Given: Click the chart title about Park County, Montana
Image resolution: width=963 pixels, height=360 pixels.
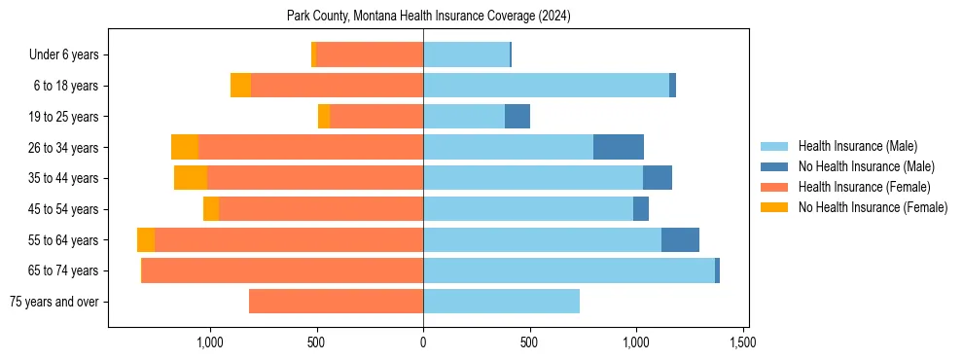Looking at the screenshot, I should point(428,17).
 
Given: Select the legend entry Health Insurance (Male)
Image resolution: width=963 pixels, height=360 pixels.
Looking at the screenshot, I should point(857,146).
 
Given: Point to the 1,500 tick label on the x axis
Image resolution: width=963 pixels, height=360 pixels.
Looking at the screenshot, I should point(743,343).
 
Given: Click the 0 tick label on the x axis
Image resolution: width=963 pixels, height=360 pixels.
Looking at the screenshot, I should point(423,343).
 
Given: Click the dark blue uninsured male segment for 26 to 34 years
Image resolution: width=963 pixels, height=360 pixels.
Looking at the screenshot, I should point(619,147).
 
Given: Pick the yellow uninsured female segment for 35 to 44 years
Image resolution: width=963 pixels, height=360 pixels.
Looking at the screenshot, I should point(191,178).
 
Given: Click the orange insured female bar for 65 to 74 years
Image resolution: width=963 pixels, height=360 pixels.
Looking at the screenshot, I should point(282,270).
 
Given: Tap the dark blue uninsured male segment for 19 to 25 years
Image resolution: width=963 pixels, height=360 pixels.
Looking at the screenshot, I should point(517,117).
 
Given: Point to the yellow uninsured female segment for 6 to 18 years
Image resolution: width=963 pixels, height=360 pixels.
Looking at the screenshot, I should point(240,86).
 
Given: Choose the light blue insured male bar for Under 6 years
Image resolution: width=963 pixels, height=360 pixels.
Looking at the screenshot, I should point(466,54).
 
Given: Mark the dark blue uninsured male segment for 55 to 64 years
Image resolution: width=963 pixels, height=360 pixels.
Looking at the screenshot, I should point(680,239).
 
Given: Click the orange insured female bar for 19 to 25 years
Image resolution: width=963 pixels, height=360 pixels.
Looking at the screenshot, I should point(376,117).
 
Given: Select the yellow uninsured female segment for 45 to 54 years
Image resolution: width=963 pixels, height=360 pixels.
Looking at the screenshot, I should point(211,209).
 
